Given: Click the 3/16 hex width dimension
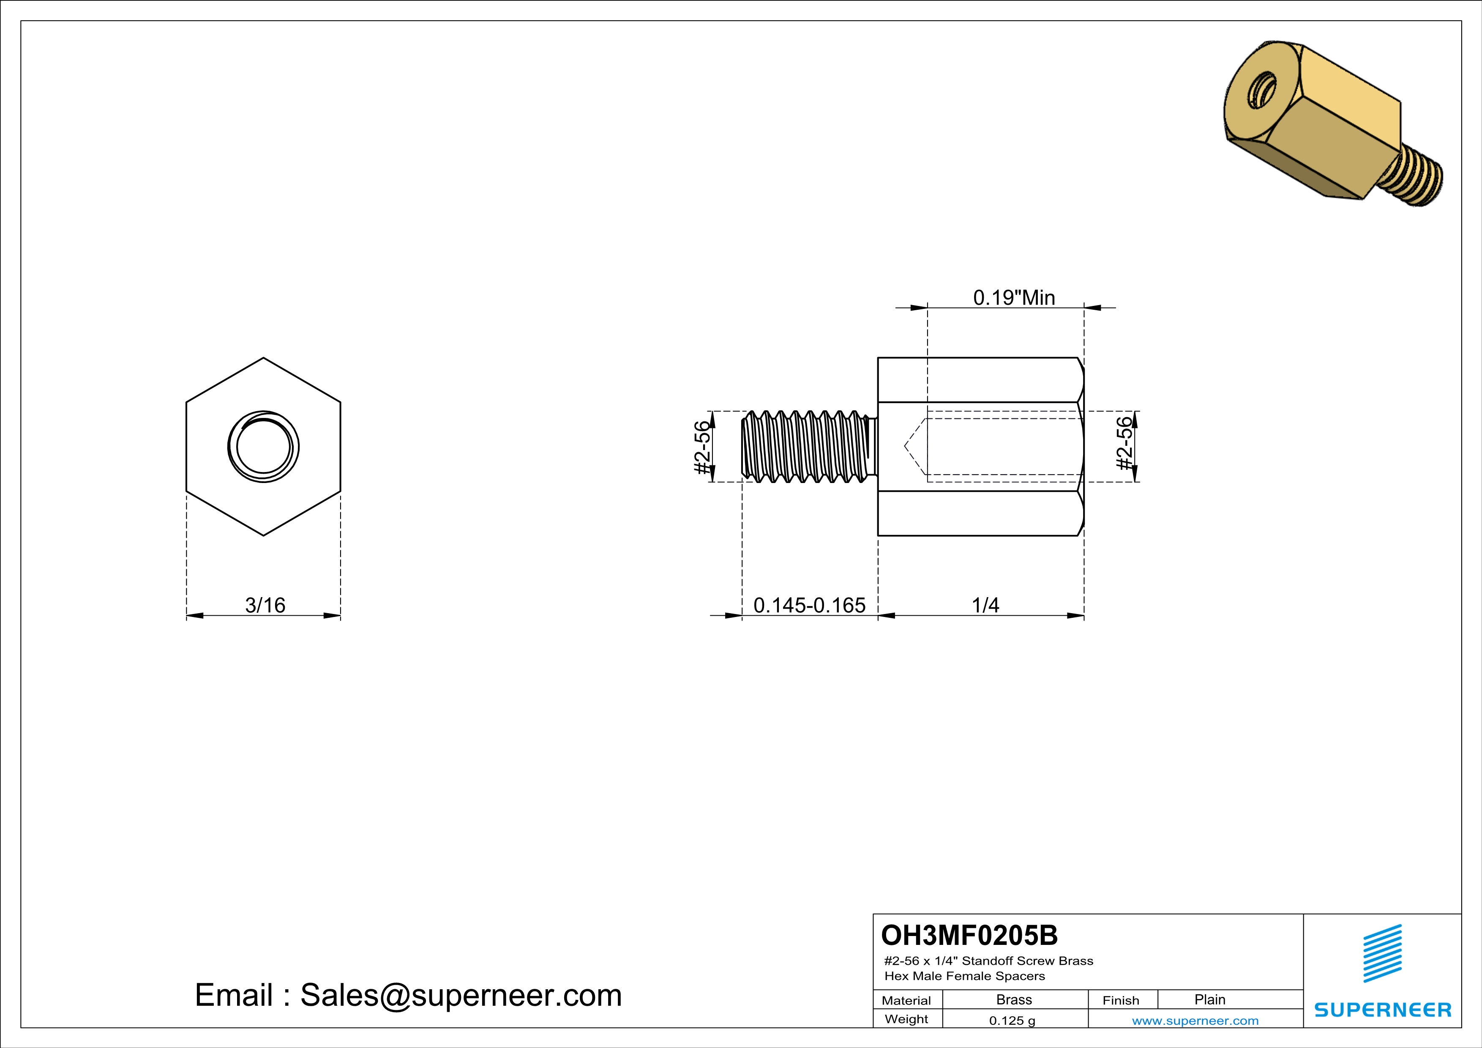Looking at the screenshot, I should (265, 605).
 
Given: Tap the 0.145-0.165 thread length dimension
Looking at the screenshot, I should (809, 605).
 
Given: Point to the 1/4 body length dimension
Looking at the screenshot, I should (985, 605).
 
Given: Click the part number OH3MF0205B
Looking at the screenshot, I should (969, 935).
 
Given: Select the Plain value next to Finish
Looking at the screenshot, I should (1209, 999).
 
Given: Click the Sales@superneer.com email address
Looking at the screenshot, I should (461, 995).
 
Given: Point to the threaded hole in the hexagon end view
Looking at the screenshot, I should (263, 447).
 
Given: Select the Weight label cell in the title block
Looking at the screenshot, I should (906, 1019).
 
